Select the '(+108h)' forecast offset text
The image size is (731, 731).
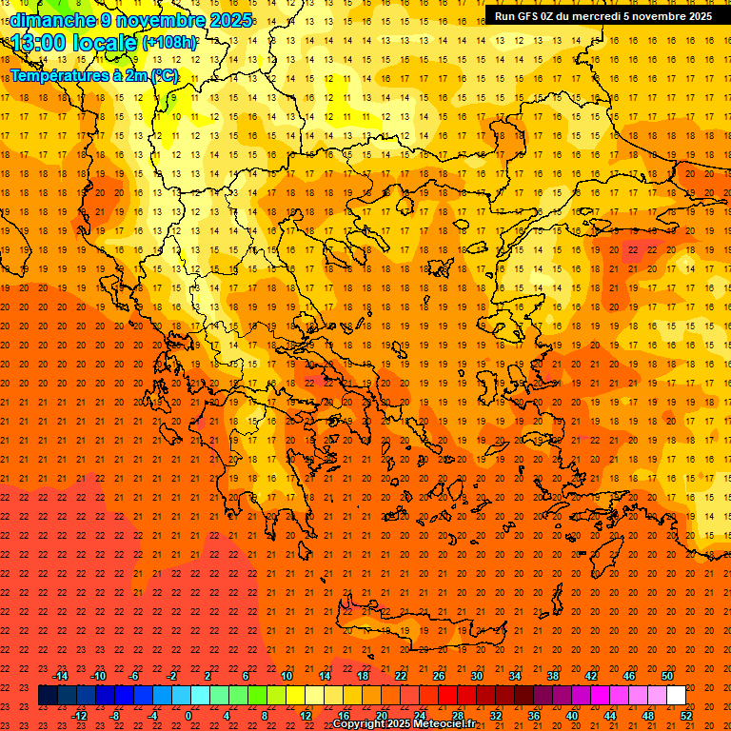[x=170, y=43]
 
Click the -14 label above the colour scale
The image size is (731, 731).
[x=60, y=676]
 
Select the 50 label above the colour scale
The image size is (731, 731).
[x=667, y=676]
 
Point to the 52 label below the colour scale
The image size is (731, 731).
[x=686, y=716]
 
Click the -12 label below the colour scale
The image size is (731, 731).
[x=79, y=716]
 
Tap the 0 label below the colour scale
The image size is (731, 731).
[x=188, y=716]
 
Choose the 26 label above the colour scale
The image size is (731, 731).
[x=439, y=676]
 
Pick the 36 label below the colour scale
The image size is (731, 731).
[x=534, y=716]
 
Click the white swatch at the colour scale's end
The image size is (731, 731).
[x=677, y=696]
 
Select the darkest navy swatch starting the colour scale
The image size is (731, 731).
[x=49, y=696]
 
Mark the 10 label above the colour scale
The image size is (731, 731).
[x=286, y=676]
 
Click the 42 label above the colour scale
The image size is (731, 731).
[x=591, y=676]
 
